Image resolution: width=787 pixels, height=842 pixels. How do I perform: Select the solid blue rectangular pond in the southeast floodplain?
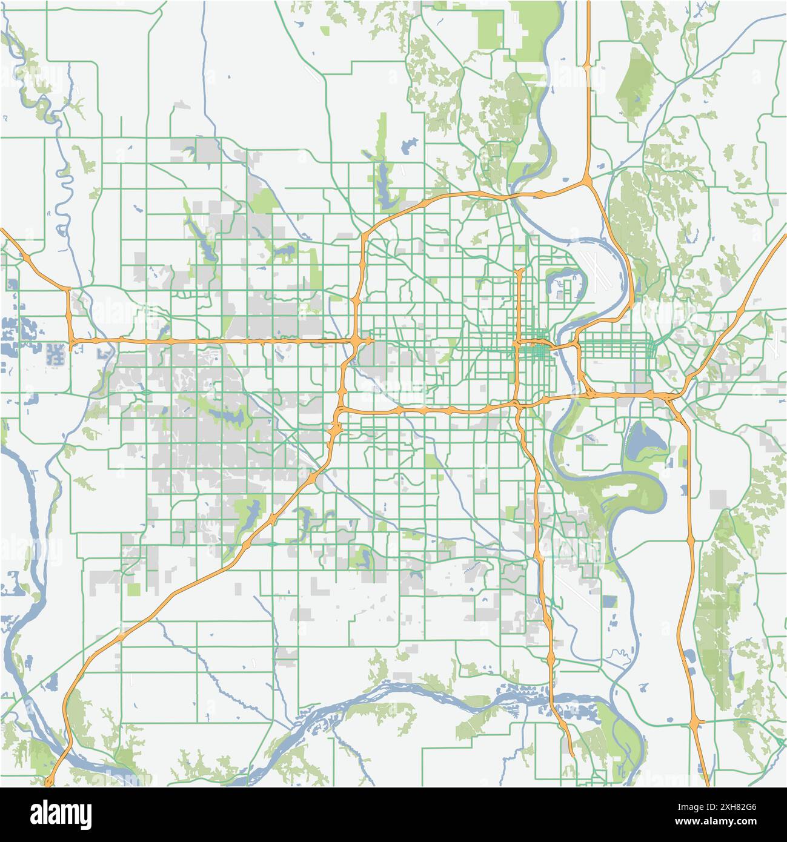[x=609, y=601]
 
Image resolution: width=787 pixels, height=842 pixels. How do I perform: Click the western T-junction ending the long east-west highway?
[x=71, y=343]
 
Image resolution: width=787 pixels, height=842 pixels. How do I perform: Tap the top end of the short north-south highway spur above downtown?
[x=520, y=271]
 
